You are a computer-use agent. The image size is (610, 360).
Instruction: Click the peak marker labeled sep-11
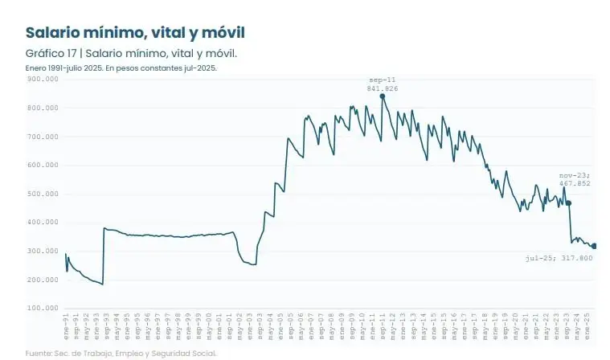coord(382,96)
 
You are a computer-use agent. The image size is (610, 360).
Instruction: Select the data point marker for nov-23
coord(568,203)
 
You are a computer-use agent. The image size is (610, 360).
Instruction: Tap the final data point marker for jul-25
coord(594,246)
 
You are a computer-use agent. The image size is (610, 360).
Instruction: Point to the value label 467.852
coord(575,183)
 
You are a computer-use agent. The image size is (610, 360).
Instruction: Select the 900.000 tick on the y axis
coord(43,80)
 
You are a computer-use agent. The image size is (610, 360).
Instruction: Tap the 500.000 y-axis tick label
coord(43,194)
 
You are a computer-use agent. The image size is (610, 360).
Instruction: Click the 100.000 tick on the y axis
coord(43,308)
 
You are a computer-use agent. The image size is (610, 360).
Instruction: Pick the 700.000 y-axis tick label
coord(43,137)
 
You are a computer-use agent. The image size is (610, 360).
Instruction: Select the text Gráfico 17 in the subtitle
coord(48,53)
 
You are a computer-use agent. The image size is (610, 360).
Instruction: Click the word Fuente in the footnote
coord(38,353)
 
